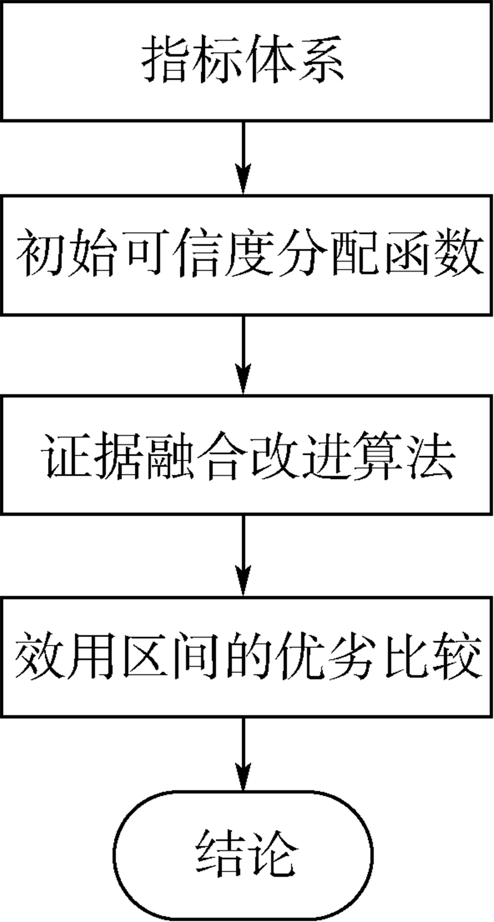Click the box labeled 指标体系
pos(245,62)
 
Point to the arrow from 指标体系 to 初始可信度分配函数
pos(245,157)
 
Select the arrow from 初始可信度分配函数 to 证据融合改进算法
pos(245,354)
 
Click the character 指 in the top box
pos(164,62)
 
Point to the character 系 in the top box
pos(325,62)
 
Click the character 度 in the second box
pos(245,256)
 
